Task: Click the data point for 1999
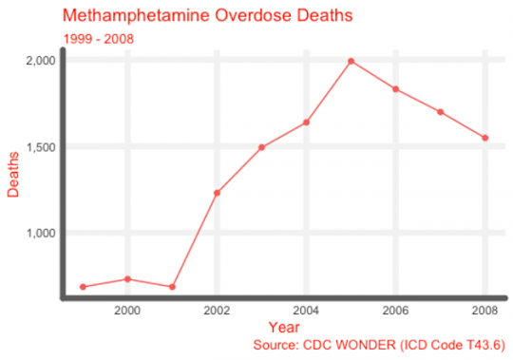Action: click(x=84, y=286)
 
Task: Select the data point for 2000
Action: click(x=128, y=278)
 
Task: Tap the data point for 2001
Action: click(x=172, y=286)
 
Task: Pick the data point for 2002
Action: click(x=217, y=193)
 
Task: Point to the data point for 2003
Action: click(x=261, y=147)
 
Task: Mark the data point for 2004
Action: click(x=306, y=122)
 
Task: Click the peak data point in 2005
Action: click(x=351, y=61)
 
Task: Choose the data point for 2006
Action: click(x=395, y=89)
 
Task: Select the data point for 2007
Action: click(x=440, y=112)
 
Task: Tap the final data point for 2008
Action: click(x=484, y=138)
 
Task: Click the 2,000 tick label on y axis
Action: click(x=39, y=60)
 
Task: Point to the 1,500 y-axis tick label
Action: click(x=39, y=146)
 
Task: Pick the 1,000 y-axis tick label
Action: click(x=39, y=233)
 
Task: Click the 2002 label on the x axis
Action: click(x=217, y=311)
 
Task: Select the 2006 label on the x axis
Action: click(x=395, y=311)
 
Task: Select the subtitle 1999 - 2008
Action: click(x=98, y=39)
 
